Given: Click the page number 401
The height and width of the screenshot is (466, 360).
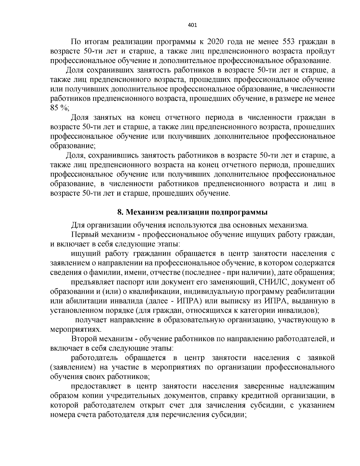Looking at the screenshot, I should (x=192, y=26).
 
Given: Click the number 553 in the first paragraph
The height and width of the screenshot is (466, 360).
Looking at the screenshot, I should (x=290, y=41).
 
